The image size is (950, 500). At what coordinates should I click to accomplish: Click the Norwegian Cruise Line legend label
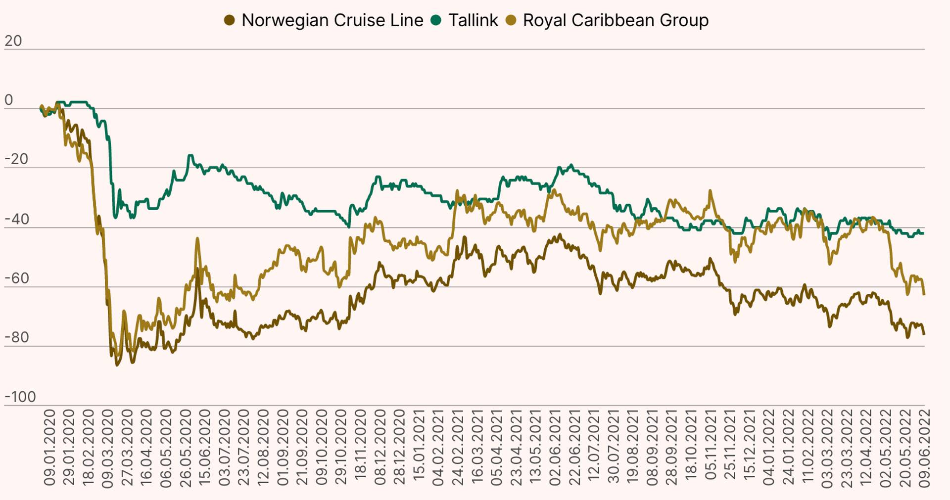[332, 20]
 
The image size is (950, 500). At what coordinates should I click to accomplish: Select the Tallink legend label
[473, 20]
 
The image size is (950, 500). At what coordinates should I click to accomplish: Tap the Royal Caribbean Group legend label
[616, 20]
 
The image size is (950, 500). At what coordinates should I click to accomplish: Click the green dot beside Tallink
[436, 20]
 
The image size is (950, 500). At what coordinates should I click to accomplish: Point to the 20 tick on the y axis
[13, 41]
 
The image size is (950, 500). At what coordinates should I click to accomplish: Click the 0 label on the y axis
[8, 100]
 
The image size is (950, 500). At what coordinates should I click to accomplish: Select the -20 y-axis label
[16, 159]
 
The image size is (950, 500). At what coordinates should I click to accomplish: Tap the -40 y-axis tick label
[16, 219]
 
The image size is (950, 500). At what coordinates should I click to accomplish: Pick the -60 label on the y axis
[16, 278]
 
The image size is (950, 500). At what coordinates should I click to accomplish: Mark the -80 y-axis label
[16, 338]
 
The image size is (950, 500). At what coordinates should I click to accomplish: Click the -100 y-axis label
[20, 397]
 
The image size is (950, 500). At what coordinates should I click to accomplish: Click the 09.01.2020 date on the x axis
[49, 447]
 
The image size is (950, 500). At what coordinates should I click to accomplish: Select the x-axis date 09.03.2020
[108, 447]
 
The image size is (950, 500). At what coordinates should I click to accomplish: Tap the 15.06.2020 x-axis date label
[205, 447]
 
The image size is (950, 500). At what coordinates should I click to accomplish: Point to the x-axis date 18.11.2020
[361, 447]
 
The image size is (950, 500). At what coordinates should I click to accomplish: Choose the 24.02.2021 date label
[458, 447]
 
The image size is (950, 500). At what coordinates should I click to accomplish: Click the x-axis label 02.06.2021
[555, 447]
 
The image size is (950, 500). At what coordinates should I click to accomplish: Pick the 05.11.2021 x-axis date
[711, 447]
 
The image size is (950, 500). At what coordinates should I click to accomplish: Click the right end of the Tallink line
[923, 233]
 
